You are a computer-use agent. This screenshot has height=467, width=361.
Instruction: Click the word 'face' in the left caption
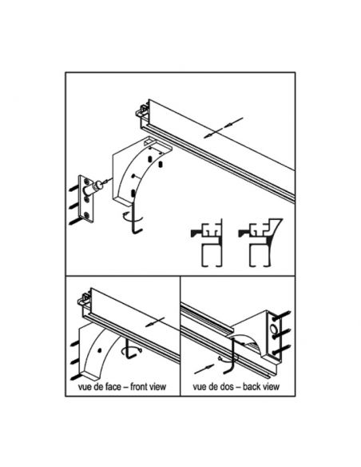click(113, 386)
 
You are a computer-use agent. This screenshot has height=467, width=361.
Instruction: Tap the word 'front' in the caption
click(139, 386)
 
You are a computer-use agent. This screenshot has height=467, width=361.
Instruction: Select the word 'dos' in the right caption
click(231, 386)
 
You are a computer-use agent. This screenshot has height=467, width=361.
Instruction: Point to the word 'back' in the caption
click(252, 386)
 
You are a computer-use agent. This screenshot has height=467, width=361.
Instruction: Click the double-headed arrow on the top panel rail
click(224, 127)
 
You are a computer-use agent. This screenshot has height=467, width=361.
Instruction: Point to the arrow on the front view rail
click(155, 322)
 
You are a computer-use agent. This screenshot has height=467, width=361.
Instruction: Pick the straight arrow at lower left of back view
click(204, 369)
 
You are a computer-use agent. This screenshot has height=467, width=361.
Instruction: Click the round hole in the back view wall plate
click(273, 329)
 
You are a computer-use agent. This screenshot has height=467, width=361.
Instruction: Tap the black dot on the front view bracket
click(99, 350)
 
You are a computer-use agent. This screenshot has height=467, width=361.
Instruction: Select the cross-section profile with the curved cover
click(260, 242)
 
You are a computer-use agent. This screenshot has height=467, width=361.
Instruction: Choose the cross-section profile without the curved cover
click(207, 243)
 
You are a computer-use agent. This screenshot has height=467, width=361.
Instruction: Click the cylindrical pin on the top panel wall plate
click(92, 188)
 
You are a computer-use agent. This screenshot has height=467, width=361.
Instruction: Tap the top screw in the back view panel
click(281, 315)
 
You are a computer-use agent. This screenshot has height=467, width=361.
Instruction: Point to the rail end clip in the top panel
click(142, 111)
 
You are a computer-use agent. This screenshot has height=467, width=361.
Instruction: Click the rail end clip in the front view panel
click(84, 299)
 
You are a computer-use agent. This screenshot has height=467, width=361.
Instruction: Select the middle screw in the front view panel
click(74, 362)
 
